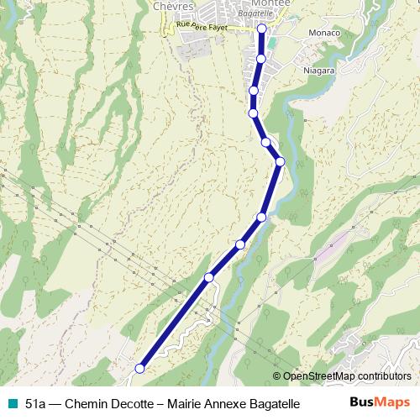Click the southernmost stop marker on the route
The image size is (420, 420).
[140, 368]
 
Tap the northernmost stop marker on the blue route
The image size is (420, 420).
[261, 29]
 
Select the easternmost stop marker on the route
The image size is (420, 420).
[280, 161]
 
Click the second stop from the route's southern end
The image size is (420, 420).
[209, 277]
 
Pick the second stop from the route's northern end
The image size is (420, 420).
[261, 58]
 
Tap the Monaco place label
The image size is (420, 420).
[324, 33]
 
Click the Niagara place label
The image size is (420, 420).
[318, 71]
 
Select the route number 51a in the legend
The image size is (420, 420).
[35, 404]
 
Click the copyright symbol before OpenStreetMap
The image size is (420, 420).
[277, 376]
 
